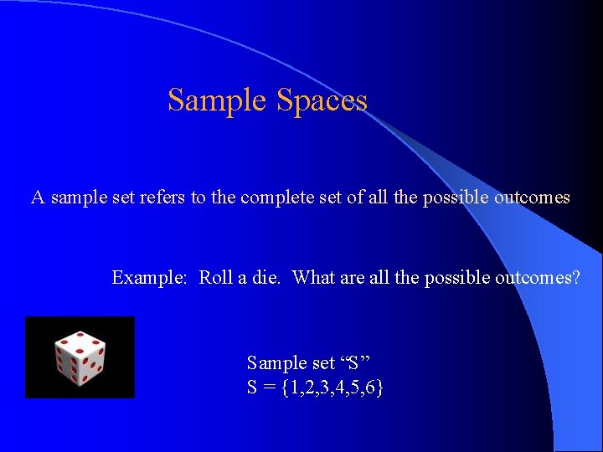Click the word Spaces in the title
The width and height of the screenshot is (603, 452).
tap(322, 100)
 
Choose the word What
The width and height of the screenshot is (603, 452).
tap(313, 277)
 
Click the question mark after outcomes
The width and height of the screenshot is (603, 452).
tap(575, 277)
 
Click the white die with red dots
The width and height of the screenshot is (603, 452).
tap(80, 358)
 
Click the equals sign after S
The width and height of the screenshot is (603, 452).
tap(270, 388)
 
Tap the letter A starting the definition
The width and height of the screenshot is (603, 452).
tap(38, 198)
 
